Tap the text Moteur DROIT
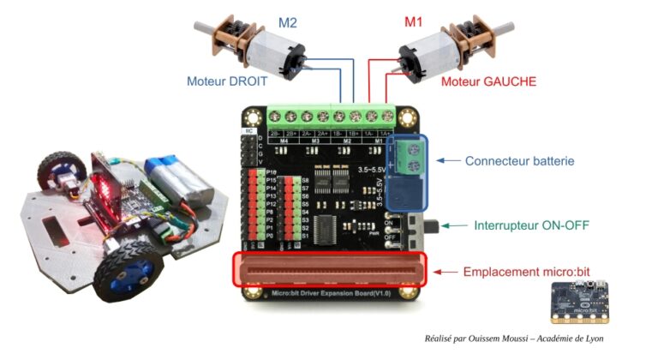227,82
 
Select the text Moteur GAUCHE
488,82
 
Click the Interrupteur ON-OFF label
531,226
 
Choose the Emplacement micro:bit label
526,272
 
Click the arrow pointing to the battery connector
447,160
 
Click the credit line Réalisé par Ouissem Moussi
514,339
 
